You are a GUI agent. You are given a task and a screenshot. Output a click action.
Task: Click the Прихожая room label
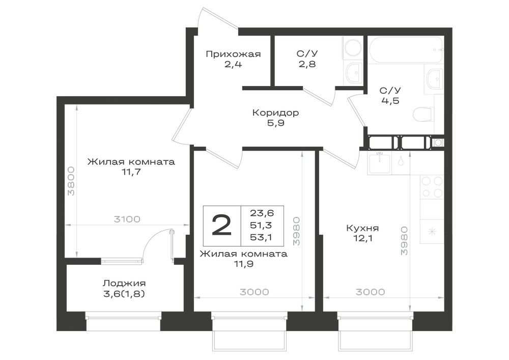pos(233,54)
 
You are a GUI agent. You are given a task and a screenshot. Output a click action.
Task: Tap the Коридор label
pos(275,113)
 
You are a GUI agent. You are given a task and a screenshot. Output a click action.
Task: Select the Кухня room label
pos(362,228)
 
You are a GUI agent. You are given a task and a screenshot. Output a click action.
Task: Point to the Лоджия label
pos(124,284)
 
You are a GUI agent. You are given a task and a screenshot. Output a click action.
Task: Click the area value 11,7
pos(131,172)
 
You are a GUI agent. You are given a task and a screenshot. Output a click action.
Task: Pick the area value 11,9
pos(243,264)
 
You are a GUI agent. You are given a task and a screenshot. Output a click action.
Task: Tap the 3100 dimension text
pos(127,219)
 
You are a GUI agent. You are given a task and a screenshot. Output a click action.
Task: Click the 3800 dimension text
pos(71,181)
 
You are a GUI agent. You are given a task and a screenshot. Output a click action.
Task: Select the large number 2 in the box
pos(221,226)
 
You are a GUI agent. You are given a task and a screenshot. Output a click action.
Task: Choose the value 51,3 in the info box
pos(261,225)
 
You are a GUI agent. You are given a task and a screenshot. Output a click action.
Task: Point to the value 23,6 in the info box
pos(262,213)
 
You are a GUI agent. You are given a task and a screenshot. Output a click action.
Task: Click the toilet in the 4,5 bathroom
pos(422,115)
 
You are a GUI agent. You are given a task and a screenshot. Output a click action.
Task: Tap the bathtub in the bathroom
pos(405,49)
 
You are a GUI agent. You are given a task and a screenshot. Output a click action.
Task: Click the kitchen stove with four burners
pos(432,187)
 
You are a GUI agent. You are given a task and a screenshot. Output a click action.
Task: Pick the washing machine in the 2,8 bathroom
pos(353,48)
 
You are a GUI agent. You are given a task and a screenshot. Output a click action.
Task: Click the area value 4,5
pos(390,101)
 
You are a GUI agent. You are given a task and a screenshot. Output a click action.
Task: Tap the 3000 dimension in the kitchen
pos(371,292)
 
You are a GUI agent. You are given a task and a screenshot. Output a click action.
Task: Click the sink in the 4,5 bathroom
pos(434,79)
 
